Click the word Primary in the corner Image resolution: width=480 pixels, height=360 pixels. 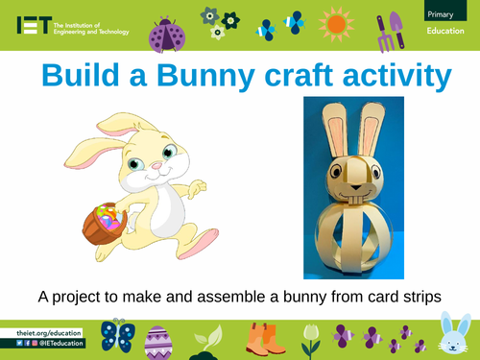[x=441, y=12]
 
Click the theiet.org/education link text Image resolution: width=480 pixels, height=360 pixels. [x=49, y=332]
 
